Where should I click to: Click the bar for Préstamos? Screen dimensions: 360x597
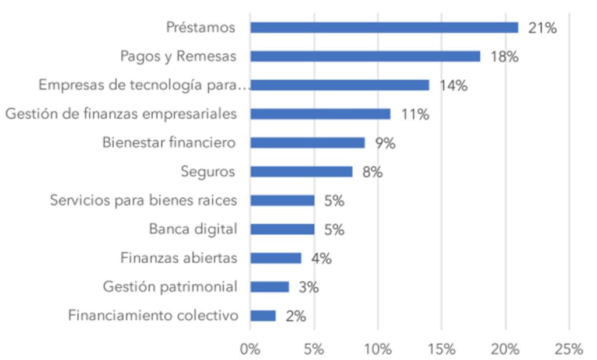click(x=384, y=27)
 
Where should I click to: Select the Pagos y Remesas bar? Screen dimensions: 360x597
click(x=365, y=57)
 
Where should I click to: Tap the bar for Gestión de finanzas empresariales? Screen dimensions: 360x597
click(x=320, y=114)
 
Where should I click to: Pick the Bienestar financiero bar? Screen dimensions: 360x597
click(x=307, y=143)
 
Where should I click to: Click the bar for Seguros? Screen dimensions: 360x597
click(x=301, y=171)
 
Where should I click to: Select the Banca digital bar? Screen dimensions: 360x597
click(x=282, y=229)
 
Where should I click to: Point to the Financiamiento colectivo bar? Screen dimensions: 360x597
click(x=263, y=315)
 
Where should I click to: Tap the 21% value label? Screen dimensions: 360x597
click(x=542, y=28)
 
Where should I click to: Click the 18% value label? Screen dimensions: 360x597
click(x=504, y=57)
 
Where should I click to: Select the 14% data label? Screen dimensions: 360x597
click(x=453, y=86)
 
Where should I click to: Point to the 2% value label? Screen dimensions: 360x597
click(x=296, y=316)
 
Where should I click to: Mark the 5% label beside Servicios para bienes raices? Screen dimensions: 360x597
click(x=334, y=201)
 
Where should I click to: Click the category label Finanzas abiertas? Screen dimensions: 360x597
click(x=178, y=258)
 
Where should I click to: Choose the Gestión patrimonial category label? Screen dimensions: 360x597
click(x=170, y=287)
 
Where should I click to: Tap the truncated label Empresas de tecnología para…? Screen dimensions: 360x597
click(x=144, y=85)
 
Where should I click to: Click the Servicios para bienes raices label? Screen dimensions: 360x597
click(x=143, y=200)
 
